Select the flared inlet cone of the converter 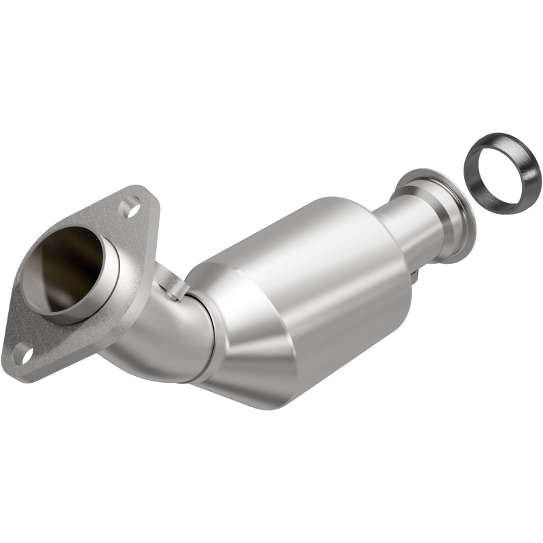click(251, 353)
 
